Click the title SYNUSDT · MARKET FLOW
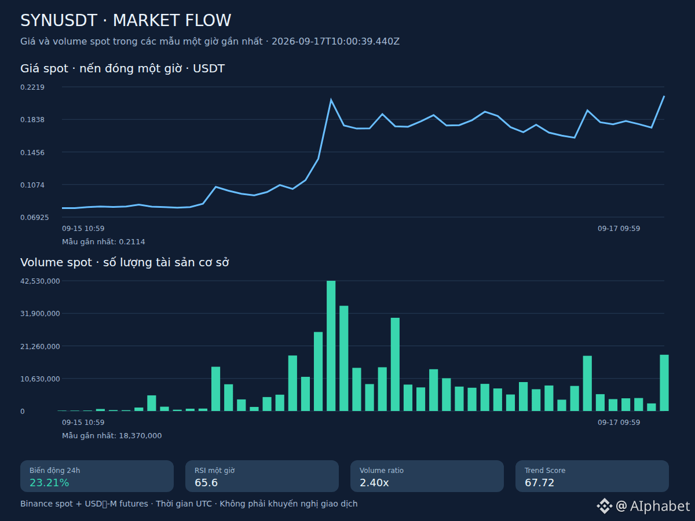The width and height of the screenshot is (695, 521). tap(126, 21)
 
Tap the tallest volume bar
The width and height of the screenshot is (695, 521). tap(331, 346)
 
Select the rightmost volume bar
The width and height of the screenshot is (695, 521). tap(664, 383)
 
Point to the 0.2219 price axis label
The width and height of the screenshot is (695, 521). tap(32, 87)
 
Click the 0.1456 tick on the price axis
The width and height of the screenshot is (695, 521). tap(32, 152)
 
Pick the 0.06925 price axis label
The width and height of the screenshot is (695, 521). tap(35, 217)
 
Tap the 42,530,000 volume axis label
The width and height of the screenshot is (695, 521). tap(40, 281)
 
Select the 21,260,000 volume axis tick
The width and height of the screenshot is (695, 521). tap(40, 346)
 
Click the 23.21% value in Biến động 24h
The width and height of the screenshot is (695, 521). tap(49, 483)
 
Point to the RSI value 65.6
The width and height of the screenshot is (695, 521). tap(206, 483)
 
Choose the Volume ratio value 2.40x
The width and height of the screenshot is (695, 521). tap(374, 483)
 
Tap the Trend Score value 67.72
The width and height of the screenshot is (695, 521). tap(539, 483)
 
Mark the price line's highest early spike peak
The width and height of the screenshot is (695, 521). tap(331, 100)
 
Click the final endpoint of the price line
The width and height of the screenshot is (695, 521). tap(664, 96)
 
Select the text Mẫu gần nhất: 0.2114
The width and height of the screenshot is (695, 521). tap(103, 242)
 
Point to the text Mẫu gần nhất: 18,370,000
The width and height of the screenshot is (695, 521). tap(112, 436)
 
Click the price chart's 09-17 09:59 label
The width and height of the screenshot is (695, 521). tap(619, 229)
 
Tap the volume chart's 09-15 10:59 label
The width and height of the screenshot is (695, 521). tap(83, 423)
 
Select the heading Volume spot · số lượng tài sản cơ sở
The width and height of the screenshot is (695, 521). tap(125, 263)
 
